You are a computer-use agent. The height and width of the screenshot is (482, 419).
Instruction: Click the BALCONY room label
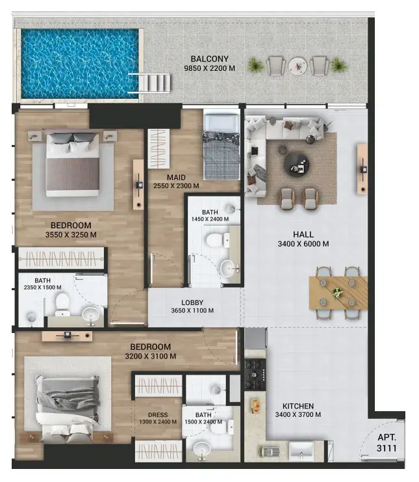[210, 59]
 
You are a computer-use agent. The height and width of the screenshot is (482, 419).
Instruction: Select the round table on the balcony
[298, 66]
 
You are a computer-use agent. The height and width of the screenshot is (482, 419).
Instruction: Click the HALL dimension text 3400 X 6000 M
[303, 244]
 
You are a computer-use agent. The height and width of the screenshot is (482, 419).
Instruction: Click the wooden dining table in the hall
[338, 293]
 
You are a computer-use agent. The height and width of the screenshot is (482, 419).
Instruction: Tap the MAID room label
[176, 178]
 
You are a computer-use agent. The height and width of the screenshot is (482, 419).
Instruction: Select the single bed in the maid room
[222, 146]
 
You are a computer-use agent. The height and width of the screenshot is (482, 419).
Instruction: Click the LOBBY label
[192, 302]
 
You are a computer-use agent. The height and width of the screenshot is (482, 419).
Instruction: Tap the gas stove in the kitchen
[255, 375]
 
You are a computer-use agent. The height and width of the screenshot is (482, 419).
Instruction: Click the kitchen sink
[301, 451]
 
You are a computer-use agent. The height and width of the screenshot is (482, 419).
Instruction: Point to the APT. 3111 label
[387, 443]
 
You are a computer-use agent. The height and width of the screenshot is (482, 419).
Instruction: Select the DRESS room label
[158, 415]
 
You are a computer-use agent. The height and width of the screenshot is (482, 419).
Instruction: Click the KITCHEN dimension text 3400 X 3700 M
[298, 415]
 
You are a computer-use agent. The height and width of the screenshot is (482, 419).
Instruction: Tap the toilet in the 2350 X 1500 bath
[62, 302]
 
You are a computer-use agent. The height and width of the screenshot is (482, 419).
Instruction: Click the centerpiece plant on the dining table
[337, 292]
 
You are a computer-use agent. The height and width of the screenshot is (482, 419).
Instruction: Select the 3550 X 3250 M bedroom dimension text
[71, 235]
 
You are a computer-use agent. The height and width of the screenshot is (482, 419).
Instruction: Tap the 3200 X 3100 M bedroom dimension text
[151, 356]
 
